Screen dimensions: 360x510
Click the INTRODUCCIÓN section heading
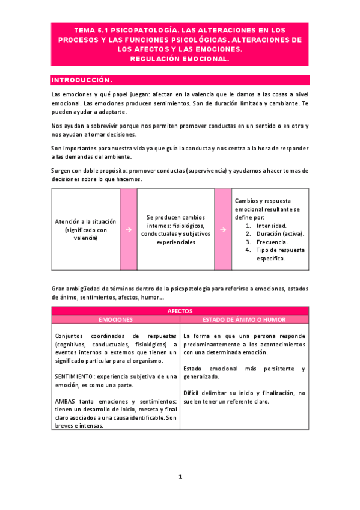82,80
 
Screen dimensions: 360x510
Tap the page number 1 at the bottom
180,476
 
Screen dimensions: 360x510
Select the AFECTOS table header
180,311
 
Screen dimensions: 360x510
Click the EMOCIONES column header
115,319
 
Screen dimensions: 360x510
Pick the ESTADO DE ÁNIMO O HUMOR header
244,319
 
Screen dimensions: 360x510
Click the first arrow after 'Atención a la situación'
129,229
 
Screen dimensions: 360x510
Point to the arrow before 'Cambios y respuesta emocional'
223,229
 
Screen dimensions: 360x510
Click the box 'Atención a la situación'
85,229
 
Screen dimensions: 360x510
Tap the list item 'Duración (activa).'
280,233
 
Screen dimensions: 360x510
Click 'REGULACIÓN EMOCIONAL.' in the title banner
180,59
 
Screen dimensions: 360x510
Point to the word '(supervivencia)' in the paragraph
224,171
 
